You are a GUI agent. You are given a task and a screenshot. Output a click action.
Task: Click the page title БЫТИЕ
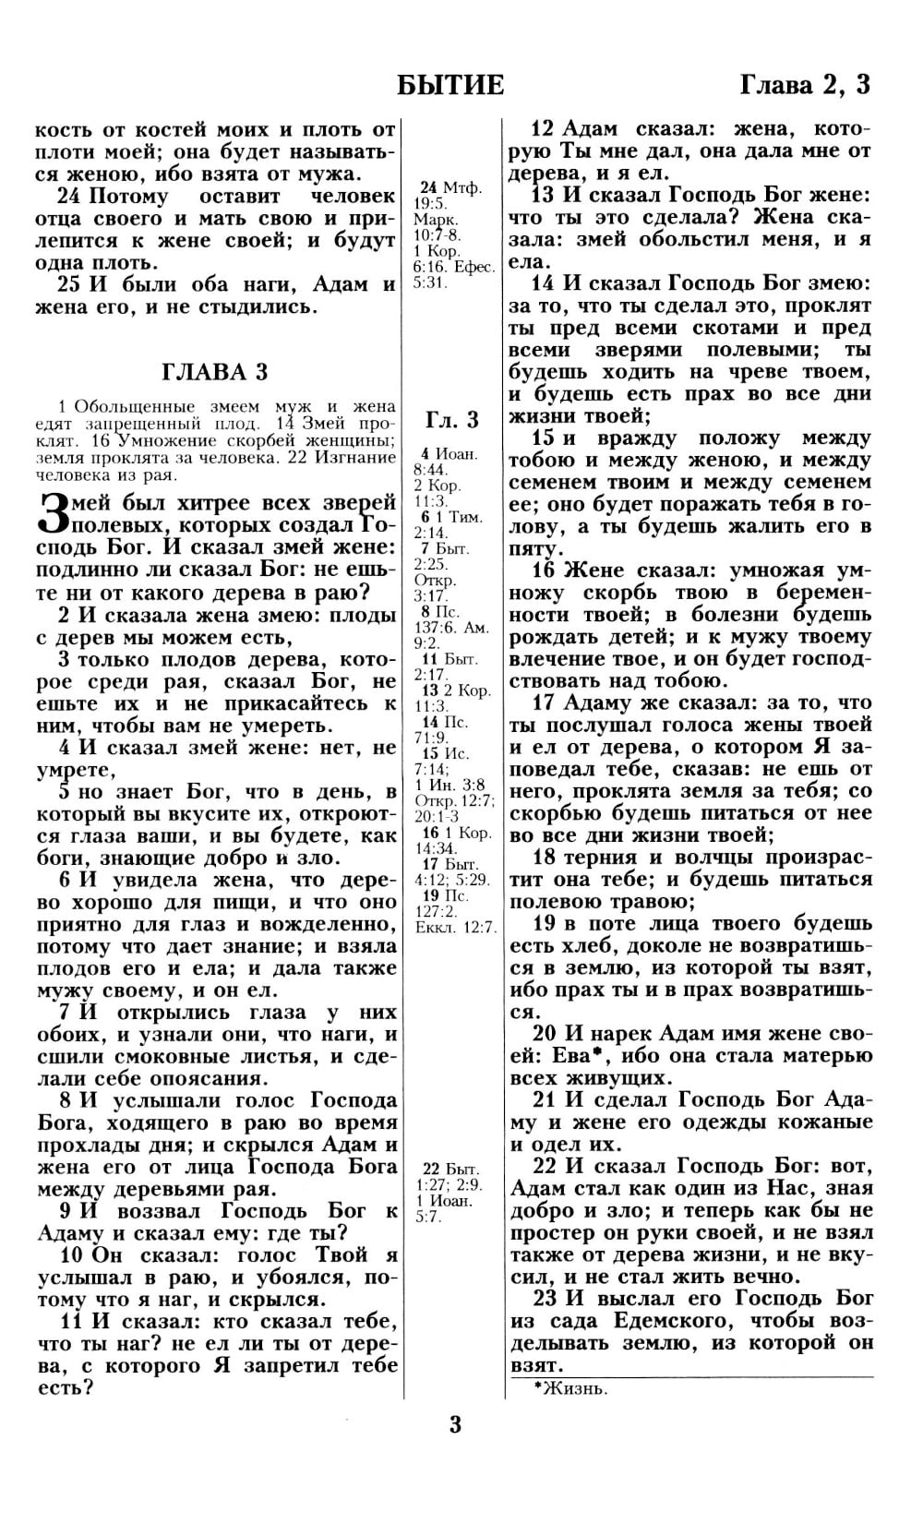(450, 85)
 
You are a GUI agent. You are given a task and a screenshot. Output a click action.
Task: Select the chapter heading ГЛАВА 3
(215, 372)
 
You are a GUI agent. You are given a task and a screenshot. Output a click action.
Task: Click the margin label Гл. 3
(452, 420)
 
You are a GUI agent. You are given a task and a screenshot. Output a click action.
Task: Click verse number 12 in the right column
(545, 128)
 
